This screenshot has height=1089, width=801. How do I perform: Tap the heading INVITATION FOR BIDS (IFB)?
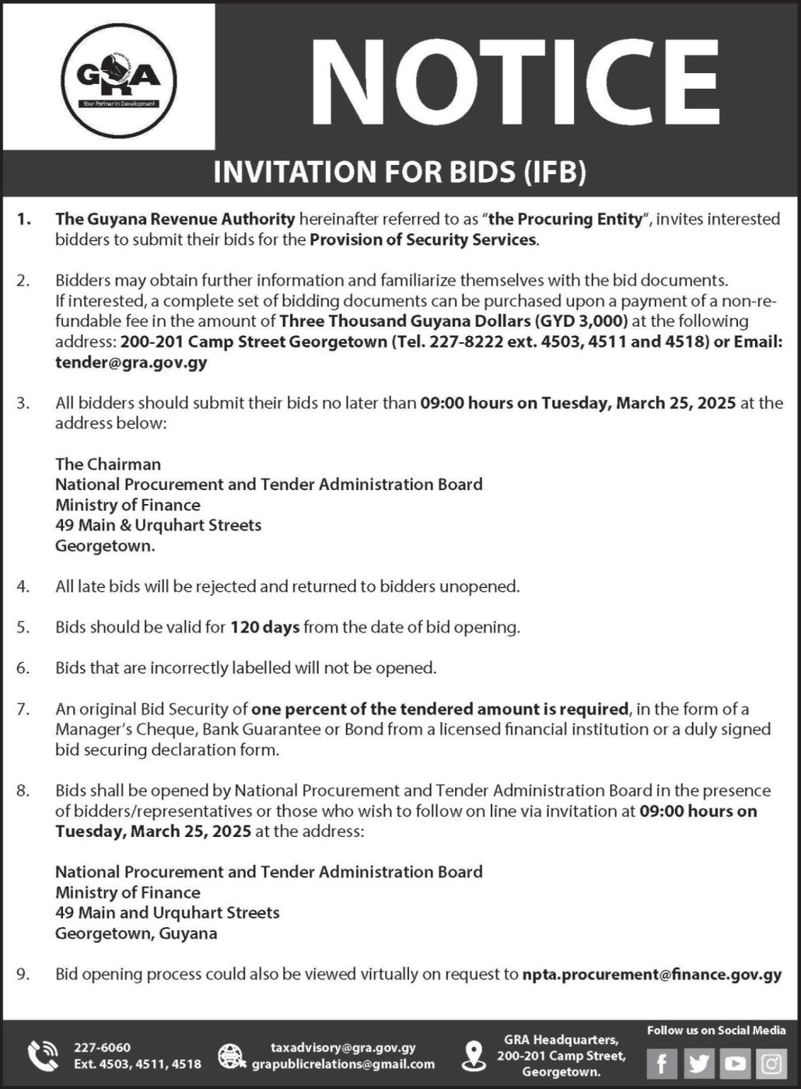click(x=400, y=172)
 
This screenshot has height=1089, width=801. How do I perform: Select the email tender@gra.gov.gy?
click(x=131, y=362)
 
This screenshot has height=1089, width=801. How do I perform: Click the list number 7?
click(x=23, y=709)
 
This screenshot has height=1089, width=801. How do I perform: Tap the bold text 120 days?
click(x=264, y=627)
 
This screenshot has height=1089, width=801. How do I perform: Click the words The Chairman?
click(x=108, y=464)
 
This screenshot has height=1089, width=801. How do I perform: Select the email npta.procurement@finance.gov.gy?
click(x=652, y=974)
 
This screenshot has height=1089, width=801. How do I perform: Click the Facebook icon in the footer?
click(x=662, y=1063)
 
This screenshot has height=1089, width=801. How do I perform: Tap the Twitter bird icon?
click(x=698, y=1063)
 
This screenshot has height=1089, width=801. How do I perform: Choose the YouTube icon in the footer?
click(x=735, y=1063)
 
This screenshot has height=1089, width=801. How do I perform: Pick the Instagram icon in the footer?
click(x=771, y=1063)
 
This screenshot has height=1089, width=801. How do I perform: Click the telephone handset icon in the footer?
click(x=43, y=1056)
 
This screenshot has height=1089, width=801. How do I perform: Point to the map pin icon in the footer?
click(x=473, y=1056)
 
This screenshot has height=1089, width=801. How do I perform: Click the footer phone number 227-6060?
click(x=102, y=1047)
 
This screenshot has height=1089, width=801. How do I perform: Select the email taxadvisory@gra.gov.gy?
click(x=343, y=1047)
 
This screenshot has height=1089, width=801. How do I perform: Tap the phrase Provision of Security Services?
click(x=423, y=240)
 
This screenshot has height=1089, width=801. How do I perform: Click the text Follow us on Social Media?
click(x=716, y=1030)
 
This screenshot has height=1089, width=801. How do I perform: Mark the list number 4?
click(x=23, y=587)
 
